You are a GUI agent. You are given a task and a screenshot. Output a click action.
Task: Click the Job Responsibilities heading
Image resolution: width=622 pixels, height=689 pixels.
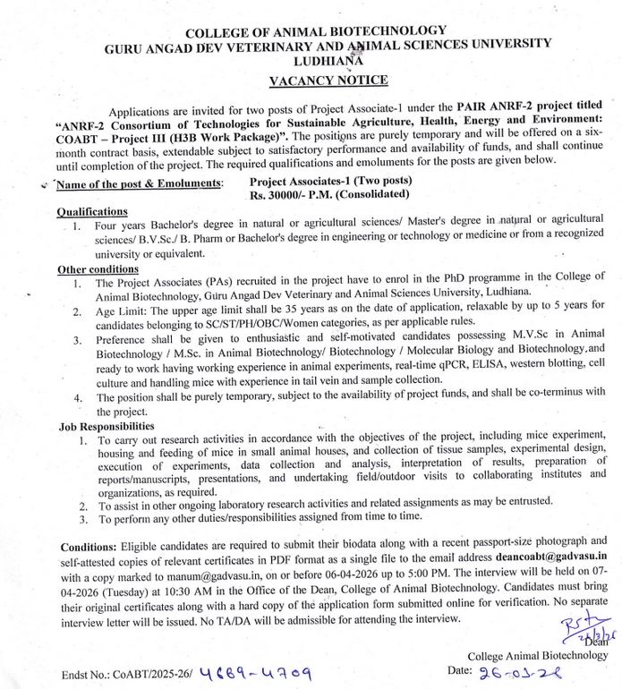[107, 427]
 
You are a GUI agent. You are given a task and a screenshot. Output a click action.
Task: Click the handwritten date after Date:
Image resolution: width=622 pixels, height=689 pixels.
[511, 670]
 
